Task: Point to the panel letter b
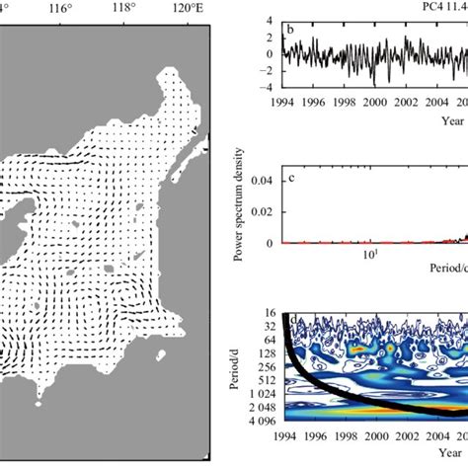pyautogui.click(x=291, y=28)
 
